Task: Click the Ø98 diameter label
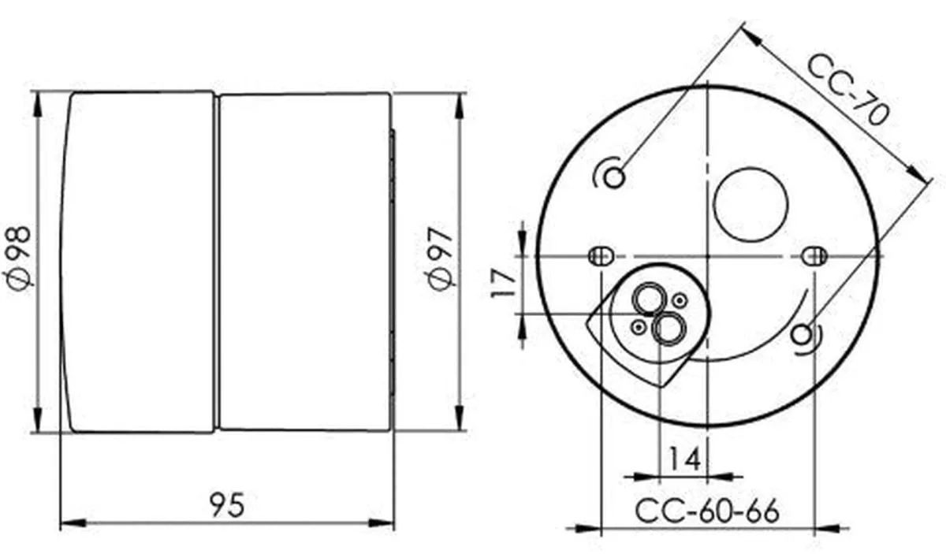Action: [x=17, y=258]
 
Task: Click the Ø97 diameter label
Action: [x=440, y=259]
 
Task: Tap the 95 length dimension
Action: [x=227, y=504]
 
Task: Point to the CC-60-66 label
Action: [x=707, y=511]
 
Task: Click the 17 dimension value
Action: [x=504, y=284]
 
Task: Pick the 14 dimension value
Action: [x=684, y=459]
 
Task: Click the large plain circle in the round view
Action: [x=750, y=204]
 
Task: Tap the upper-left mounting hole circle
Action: [x=614, y=177]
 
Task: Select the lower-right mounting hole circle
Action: [x=801, y=335]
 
